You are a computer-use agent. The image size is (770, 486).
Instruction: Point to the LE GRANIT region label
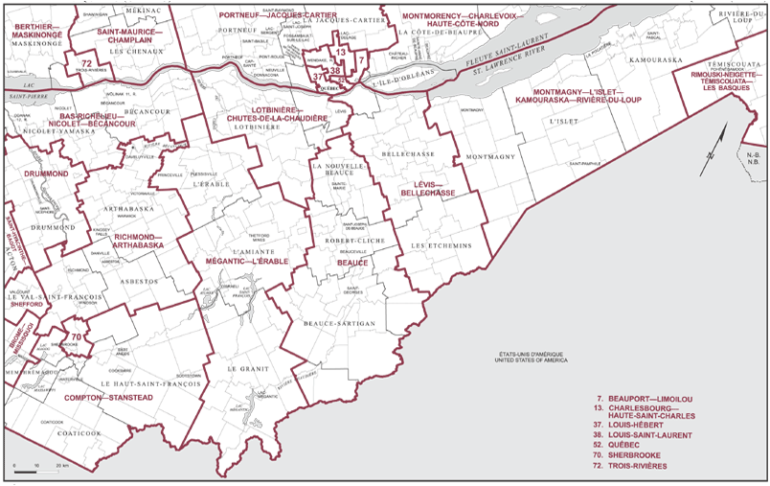(245, 368)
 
